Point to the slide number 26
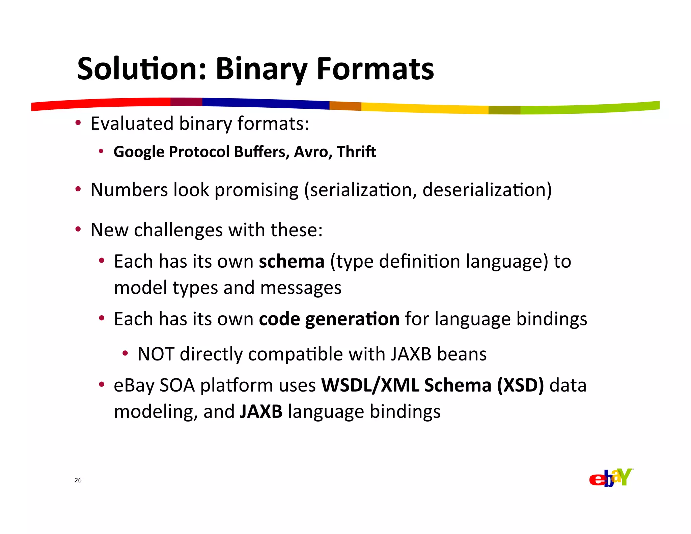78,480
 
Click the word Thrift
356,152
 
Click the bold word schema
292,262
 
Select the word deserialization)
487,190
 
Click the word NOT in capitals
156,354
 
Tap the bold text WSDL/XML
370,385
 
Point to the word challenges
178,230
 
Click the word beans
462,354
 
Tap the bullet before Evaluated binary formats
78,123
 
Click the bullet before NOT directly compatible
125,354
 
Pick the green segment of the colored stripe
590,108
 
